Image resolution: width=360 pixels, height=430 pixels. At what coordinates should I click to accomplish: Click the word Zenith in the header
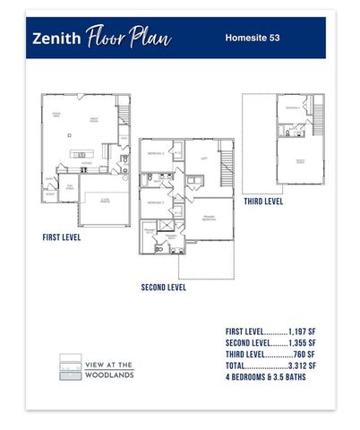56,39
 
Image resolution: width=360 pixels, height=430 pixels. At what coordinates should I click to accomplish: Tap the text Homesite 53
253,39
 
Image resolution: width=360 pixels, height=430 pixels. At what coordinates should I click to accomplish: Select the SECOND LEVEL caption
164,288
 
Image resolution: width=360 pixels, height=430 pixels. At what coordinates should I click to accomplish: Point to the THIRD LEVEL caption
263,202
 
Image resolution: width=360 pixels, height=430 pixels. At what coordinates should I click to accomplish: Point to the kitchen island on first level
81,155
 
